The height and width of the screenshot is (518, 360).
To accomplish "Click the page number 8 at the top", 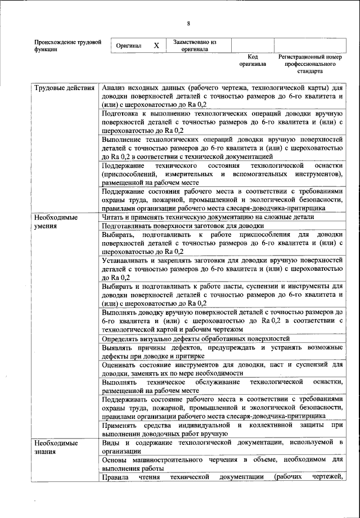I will [x=188, y=23].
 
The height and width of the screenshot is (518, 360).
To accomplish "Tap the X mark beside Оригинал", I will [x=156, y=45].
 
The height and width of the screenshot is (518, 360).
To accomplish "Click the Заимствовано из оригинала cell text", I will [x=195, y=45].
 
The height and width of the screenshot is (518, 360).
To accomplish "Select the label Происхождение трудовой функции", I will [x=67, y=46].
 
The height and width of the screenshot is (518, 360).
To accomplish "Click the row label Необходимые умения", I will [x=56, y=221].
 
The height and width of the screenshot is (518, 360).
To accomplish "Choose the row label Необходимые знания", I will [x=56, y=448].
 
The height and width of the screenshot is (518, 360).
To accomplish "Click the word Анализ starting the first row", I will [x=113, y=89].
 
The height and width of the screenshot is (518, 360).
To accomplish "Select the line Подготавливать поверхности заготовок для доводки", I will [x=183, y=225].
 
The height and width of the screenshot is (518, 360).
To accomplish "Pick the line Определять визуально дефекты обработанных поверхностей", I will [x=196, y=339].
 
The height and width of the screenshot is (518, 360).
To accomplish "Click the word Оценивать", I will [x=119, y=365].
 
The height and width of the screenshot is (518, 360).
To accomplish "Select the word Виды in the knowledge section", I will [x=111, y=444].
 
